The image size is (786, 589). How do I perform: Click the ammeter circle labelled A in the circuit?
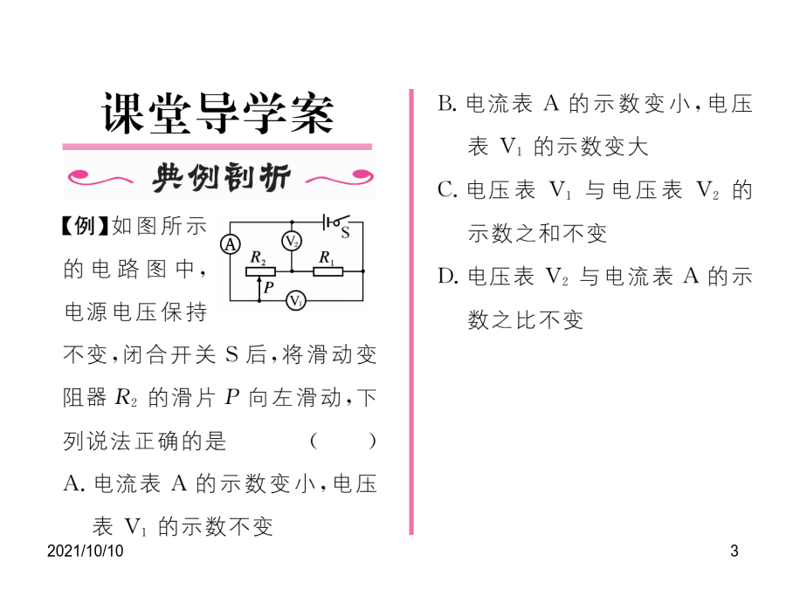tap(230, 244)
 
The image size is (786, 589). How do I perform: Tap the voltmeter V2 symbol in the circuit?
tap(292, 242)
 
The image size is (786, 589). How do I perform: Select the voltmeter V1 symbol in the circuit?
tap(296, 300)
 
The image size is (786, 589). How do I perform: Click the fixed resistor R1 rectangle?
tap(327, 271)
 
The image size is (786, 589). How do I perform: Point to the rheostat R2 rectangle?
tap(260, 271)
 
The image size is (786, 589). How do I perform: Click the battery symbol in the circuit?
tap(327, 222)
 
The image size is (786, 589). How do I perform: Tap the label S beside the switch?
tap(345, 233)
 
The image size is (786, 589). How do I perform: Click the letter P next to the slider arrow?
tap(269, 287)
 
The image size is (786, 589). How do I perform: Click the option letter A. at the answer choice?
tap(73, 483)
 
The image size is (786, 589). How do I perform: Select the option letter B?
tap(447, 104)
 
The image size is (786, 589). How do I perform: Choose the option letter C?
tap(447, 190)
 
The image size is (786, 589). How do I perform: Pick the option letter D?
tap(448, 276)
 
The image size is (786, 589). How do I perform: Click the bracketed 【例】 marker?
tap(84, 226)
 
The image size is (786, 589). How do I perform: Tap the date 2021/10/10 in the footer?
tap(86, 551)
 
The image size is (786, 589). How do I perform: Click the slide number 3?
tap(734, 551)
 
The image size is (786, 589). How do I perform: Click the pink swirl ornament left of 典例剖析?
tap(99, 177)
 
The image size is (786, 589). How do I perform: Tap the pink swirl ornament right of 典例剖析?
tap(340, 177)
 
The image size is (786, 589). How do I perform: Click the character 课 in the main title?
tap(124, 113)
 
